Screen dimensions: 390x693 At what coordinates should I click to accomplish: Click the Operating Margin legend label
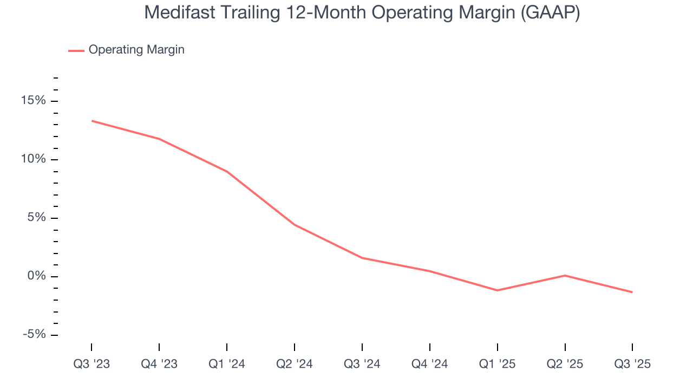tap(136, 50)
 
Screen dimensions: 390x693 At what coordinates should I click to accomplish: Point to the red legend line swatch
tap(76, 50)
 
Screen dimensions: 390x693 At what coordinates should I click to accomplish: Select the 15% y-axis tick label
tap(34, 101)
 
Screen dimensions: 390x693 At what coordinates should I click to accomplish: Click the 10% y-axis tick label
tap(34, 160)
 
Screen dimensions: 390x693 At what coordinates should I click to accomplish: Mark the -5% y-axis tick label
tap(34, 335)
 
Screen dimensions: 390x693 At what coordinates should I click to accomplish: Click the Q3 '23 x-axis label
tap(91, 364)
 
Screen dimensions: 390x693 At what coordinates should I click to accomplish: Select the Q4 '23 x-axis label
tap(159, 364)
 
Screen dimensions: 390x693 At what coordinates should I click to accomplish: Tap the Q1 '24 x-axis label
tap(227, 364)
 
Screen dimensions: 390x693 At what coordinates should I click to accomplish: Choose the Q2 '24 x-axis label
tap(295, 364)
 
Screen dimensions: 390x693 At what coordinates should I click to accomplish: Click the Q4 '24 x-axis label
tap(430, 364)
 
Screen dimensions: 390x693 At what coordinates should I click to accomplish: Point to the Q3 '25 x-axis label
tap(632, 364)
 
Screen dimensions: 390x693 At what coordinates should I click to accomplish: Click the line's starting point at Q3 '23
tap(91, 121)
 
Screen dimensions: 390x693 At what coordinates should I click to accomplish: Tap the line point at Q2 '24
tap(295, 225)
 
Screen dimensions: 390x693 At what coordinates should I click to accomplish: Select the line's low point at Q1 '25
tap(498, 290)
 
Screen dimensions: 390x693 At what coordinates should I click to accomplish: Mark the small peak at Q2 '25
tap(565, 276)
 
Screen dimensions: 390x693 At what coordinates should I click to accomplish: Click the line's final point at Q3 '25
tap(632, 292)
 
